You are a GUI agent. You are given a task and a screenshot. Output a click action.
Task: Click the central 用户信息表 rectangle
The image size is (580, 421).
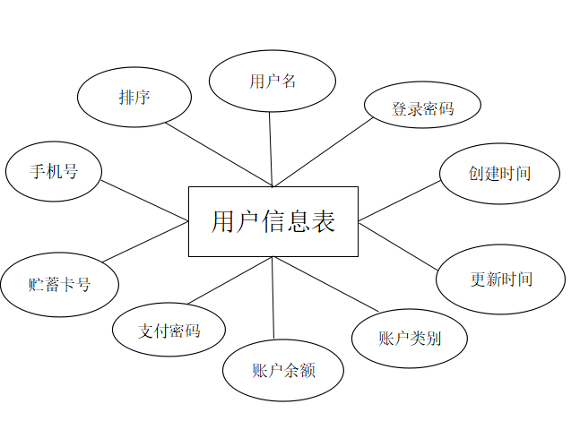tap(273, 221)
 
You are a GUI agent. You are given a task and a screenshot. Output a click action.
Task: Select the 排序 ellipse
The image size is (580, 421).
tap(134, 97)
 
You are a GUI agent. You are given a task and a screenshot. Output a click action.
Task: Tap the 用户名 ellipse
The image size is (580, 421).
tap(273, 81)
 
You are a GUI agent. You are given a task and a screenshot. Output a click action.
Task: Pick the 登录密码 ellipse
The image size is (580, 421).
tap(422, 107)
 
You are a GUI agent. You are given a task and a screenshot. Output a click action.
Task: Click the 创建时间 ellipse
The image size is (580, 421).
tap(499, 173)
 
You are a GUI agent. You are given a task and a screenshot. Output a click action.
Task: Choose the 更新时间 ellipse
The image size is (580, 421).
tap(500, 279)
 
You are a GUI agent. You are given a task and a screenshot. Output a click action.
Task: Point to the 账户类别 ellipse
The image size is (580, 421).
tap(409, 338)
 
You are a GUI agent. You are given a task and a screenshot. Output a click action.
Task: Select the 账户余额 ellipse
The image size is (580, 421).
tap(283, 369)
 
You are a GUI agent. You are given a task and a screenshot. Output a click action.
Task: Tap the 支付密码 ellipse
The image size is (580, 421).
tap(169, 330)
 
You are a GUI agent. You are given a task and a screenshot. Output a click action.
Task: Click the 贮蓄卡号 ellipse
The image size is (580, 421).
tap(59, 285)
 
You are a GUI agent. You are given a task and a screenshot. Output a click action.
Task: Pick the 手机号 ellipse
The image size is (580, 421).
tap(54, 171)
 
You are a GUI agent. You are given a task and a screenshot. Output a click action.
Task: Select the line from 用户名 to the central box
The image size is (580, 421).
tap(270, 149)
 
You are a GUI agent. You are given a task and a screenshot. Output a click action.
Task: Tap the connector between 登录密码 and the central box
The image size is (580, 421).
tap(323, 151)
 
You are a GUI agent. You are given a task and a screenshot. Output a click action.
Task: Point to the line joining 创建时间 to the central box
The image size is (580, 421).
tap(399, 200)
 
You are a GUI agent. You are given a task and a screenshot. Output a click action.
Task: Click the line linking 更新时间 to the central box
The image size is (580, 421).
tap(397, 243)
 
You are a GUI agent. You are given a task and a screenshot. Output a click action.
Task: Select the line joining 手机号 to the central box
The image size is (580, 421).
tap(143, 199)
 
